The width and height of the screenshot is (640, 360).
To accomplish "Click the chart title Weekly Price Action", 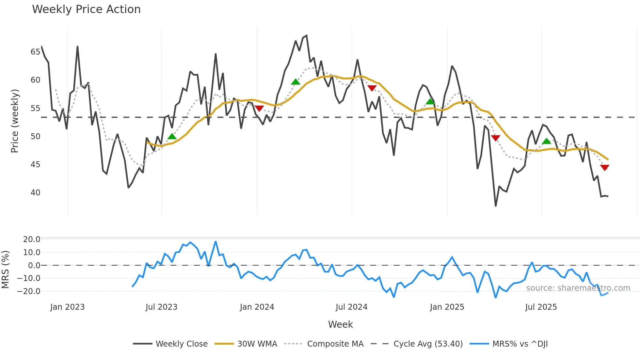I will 86,9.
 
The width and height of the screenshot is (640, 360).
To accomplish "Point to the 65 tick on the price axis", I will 35,52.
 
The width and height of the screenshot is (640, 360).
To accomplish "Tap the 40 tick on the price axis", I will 35,193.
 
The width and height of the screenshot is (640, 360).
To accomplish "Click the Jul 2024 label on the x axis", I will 351,307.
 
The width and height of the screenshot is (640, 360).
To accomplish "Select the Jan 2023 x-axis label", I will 67,307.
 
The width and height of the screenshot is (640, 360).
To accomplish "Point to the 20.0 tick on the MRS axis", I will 31,239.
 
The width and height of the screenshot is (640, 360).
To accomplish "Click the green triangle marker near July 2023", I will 172,137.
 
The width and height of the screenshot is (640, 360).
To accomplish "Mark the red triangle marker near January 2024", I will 259,108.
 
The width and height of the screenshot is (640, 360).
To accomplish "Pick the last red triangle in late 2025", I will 605,168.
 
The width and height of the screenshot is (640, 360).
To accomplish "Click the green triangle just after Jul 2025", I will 547,141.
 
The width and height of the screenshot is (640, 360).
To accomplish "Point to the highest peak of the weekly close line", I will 306,36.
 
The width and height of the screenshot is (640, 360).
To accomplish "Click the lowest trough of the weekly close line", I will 496,206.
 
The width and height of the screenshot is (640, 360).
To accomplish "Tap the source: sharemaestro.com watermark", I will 578,288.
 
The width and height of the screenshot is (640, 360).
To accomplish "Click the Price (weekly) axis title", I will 15,121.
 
